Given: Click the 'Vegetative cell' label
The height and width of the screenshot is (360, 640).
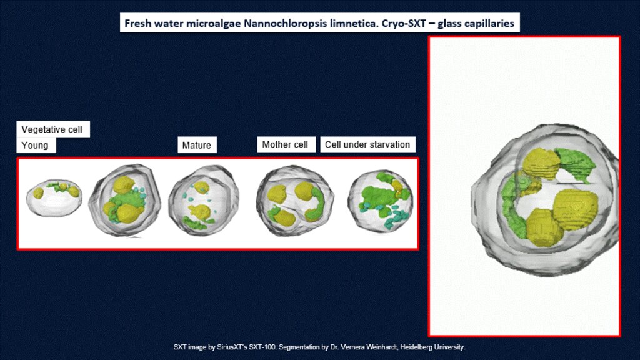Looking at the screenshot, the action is [52, 129].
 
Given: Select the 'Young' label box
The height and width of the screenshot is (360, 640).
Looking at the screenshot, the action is [36, 145].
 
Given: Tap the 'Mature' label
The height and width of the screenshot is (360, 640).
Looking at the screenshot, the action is [197, 145].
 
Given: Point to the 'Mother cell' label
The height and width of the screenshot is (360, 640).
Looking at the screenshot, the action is [286, 144].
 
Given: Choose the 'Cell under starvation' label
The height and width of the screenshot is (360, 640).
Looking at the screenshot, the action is [367, 144].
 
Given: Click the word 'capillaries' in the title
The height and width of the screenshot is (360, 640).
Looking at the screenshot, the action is [487, 23].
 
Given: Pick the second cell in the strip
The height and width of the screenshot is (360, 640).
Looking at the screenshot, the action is [125, 199].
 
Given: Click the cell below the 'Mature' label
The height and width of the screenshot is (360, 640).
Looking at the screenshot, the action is [203, 200].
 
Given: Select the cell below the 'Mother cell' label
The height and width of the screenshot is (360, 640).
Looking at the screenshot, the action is [295, 200].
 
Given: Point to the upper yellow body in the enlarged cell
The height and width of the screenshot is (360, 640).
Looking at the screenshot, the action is [541, 164].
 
